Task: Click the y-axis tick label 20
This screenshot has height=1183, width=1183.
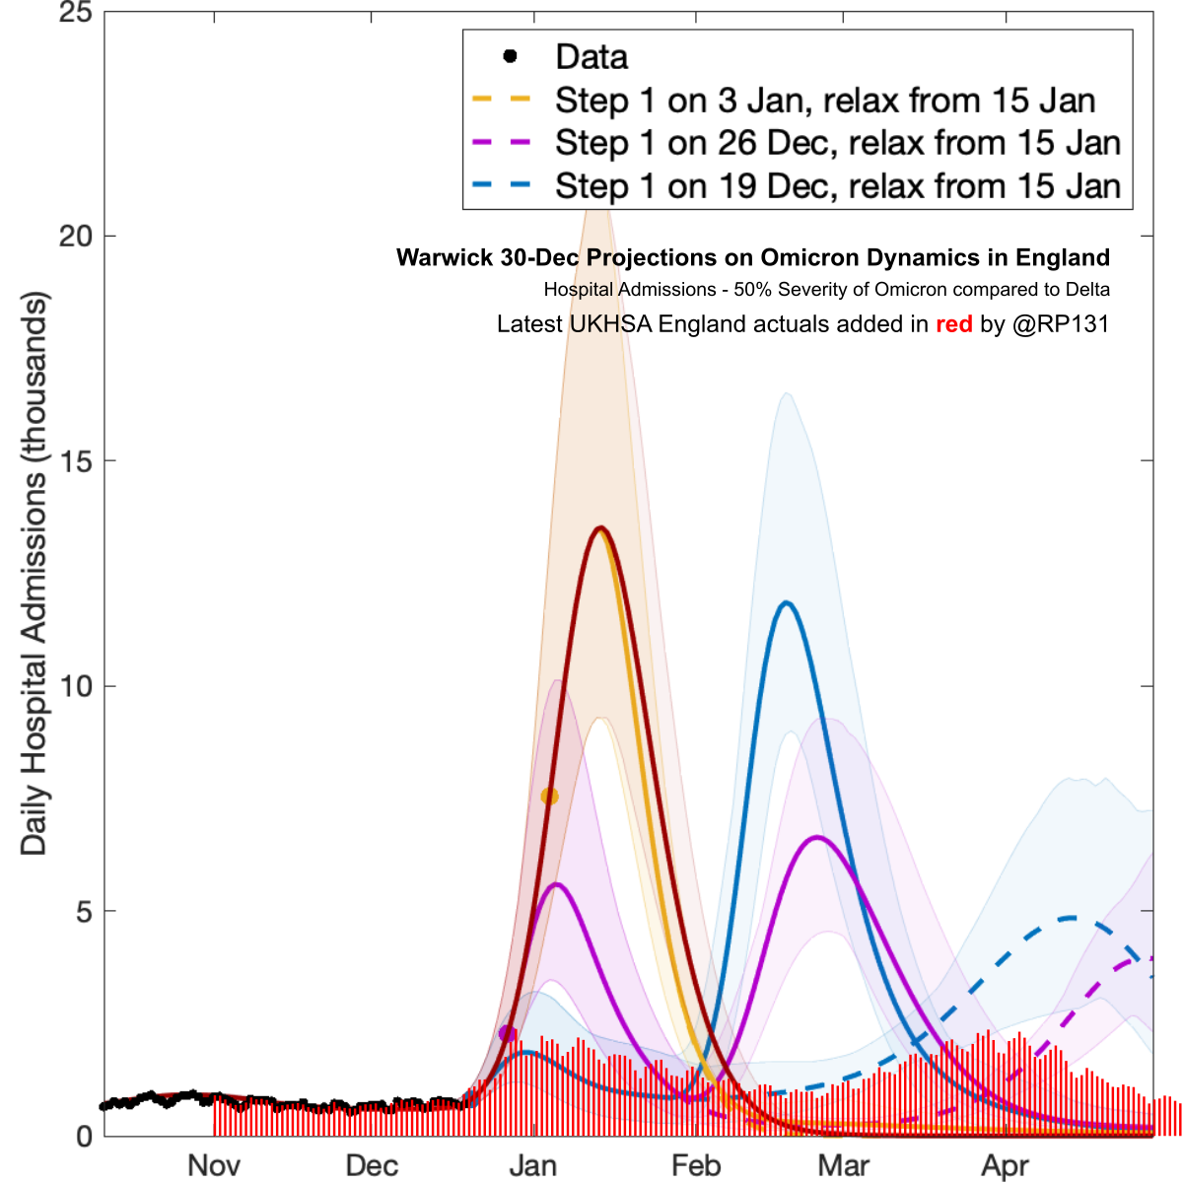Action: pos(75,237)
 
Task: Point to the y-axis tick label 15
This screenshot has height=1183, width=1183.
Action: pos(75,461)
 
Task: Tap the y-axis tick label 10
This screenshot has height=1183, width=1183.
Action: pos(75,687)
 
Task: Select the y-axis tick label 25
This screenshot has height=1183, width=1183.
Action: pos(75,14)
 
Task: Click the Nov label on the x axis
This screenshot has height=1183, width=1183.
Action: pos(214,1165)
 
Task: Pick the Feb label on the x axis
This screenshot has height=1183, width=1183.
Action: pos(696,1165)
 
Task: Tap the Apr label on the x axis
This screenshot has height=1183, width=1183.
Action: pos(1006,1165)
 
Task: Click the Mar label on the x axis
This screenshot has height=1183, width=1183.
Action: pos(844,1165)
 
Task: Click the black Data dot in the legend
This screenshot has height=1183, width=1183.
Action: pos(510,56)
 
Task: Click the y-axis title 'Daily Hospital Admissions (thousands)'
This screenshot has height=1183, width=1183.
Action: pos(34,573)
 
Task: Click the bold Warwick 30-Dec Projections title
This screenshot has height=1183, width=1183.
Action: pos(753,257)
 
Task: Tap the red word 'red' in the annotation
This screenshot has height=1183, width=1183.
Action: pos(953,324)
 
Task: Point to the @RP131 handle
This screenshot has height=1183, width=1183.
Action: pos(1061,324)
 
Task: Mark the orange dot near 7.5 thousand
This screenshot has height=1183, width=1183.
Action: pos(549,796)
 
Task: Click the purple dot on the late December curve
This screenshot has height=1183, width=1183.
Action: pos(507,1033)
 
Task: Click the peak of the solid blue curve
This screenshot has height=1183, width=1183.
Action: pos(786,602)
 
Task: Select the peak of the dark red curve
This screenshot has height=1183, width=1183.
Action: pos(600,528)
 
